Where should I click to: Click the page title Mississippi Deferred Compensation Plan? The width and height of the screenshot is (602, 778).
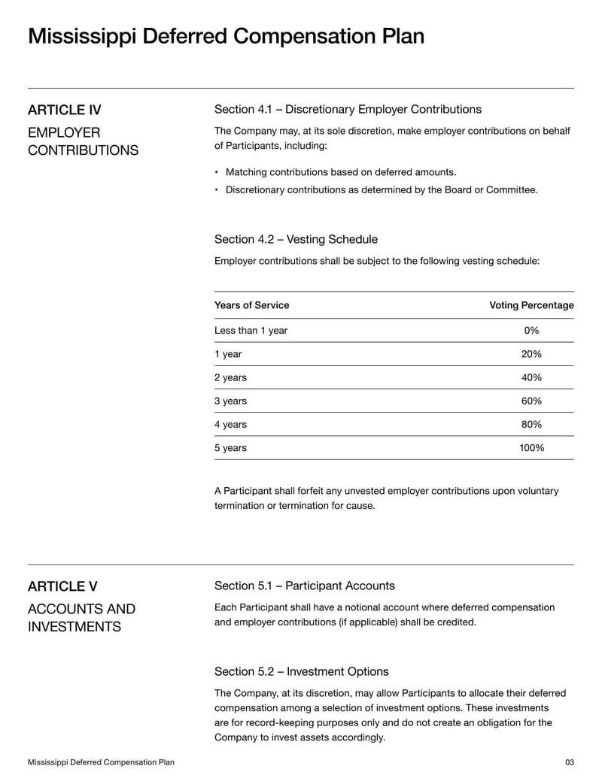[x=226, y=36]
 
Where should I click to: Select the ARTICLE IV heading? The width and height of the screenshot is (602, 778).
[x=65, y=110]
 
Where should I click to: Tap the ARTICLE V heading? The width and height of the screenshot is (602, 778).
[x=62, y=586]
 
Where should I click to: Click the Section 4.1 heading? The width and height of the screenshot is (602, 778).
[x=348, y=110]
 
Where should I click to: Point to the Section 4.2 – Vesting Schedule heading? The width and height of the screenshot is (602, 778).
[x=296, y=239]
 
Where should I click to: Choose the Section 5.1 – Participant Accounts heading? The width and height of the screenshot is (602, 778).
[x=304, y=586]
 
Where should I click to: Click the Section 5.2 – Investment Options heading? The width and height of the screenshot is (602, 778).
[x=301, y=671]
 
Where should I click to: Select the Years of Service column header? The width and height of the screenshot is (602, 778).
[x=251, y=305]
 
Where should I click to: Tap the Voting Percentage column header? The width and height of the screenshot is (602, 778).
[x=531, y=305]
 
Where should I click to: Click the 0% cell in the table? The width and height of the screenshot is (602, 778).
[x=531, y=331]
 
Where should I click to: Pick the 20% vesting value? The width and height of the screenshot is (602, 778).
[x=531, y=354]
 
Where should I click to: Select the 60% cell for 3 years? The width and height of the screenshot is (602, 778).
[x=531, y=401]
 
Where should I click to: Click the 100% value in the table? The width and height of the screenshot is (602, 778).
[x=531, y=448]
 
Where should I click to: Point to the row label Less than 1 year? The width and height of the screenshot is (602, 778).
[x=251, y=331]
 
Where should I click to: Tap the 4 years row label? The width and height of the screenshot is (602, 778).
[x=230, y=425]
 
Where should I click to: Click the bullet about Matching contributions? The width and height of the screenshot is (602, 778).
[x=341, y=172]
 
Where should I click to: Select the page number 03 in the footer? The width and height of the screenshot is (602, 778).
[x=569, y=762]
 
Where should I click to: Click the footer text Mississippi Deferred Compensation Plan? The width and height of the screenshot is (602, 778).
[x=101, y=762]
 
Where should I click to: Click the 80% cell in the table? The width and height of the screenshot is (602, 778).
[x=531, y=425]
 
